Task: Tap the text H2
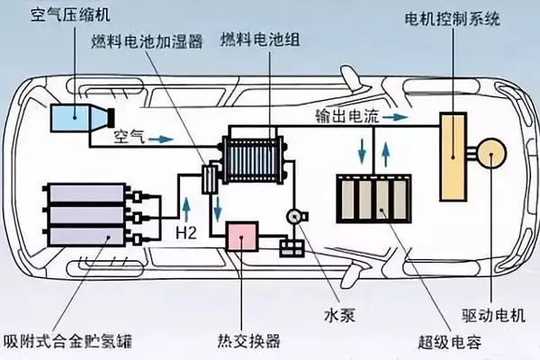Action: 186,232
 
